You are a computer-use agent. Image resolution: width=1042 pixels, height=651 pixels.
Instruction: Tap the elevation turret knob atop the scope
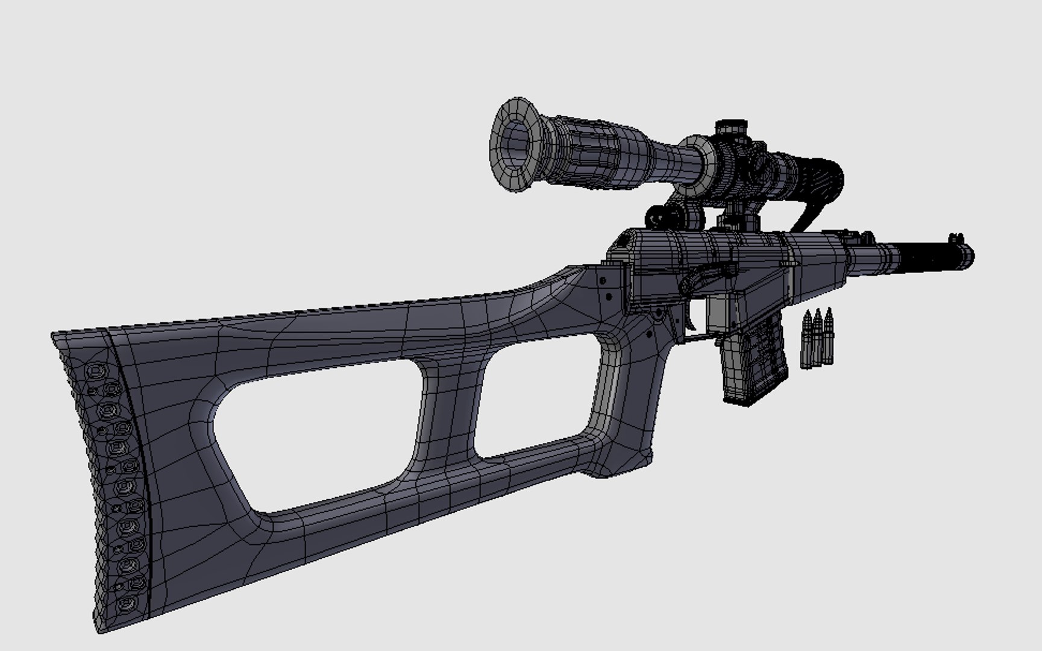(x=731, y=128)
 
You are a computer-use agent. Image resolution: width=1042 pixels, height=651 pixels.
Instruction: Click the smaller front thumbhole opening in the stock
(x=536, y=404)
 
